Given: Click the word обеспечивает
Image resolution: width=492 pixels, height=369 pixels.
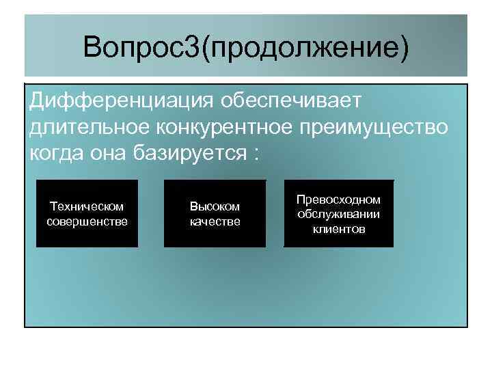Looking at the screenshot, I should point(292,102).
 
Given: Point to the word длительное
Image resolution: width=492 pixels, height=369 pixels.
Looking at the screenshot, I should point(90,127).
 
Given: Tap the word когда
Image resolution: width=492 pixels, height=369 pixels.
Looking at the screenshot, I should point(57,152).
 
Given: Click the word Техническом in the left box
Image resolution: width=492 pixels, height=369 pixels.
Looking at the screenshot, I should point(87,206).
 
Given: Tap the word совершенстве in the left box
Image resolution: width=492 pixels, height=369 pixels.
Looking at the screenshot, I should point(87,221).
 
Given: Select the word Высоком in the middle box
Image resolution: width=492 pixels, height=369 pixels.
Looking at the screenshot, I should point(215,206).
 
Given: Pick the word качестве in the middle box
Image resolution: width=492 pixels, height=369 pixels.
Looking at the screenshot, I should point(215,221).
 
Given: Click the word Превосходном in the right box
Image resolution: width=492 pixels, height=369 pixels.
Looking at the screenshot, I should point(338,200).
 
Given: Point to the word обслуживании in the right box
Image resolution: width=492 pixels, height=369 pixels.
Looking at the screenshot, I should point(338,214).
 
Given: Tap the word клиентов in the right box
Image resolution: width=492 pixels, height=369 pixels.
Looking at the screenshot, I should point(338,229).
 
